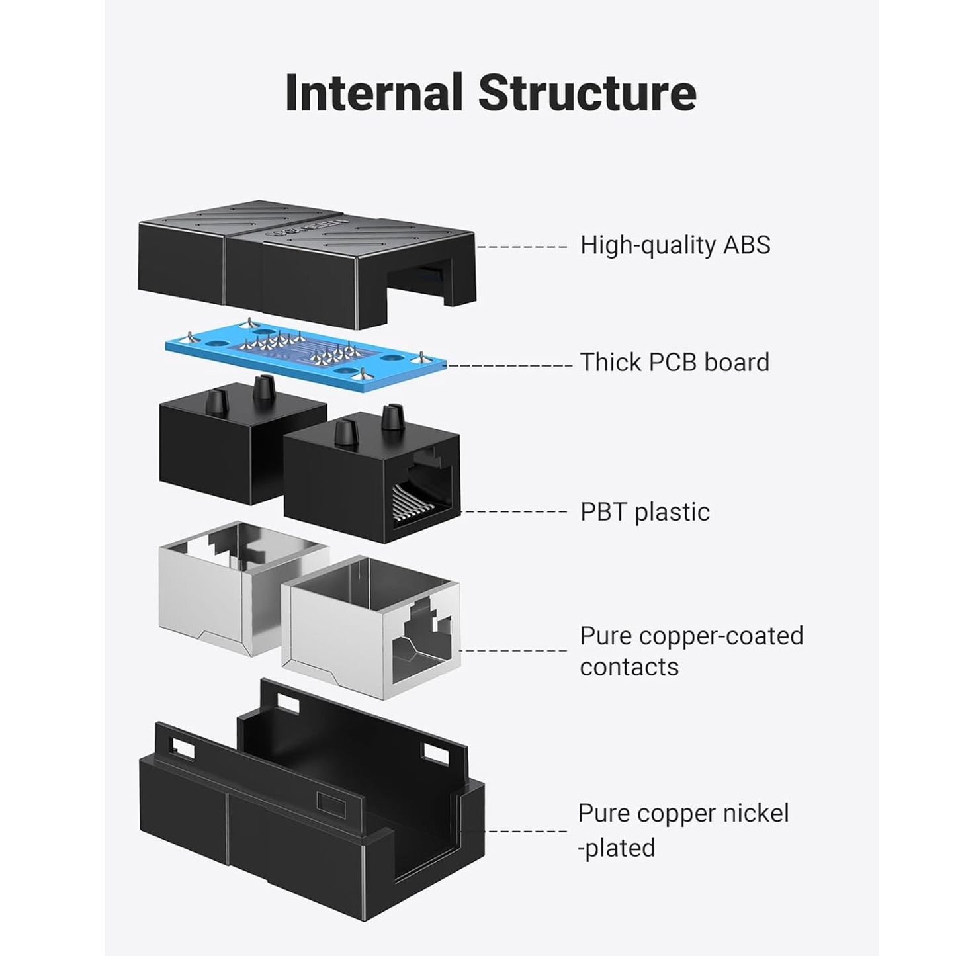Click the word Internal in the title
click(373, 93)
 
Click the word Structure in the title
click(587, 93)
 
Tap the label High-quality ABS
click(675, 245)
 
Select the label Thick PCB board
click(674, 363)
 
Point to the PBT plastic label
click(644, 512)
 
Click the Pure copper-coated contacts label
click(691, 651)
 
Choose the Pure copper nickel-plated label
click(683, 830)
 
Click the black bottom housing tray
click(311, 820)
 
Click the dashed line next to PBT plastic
click(513, 512)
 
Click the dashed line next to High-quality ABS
click(521, 247)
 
